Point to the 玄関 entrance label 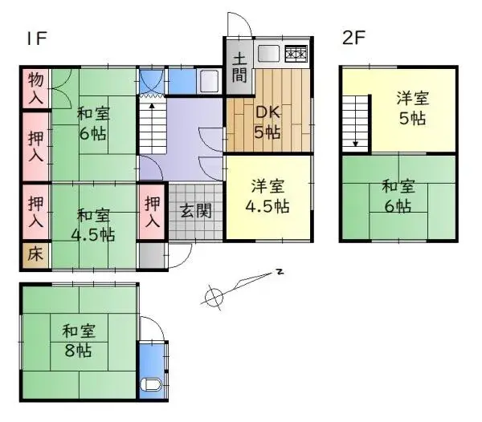194,212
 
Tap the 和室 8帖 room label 79,339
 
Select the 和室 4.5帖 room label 94,225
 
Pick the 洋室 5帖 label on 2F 412,109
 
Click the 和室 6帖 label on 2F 399,197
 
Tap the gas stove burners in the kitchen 295,55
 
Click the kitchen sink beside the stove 268,55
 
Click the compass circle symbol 213,297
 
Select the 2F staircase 355,120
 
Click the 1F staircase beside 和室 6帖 152,124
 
